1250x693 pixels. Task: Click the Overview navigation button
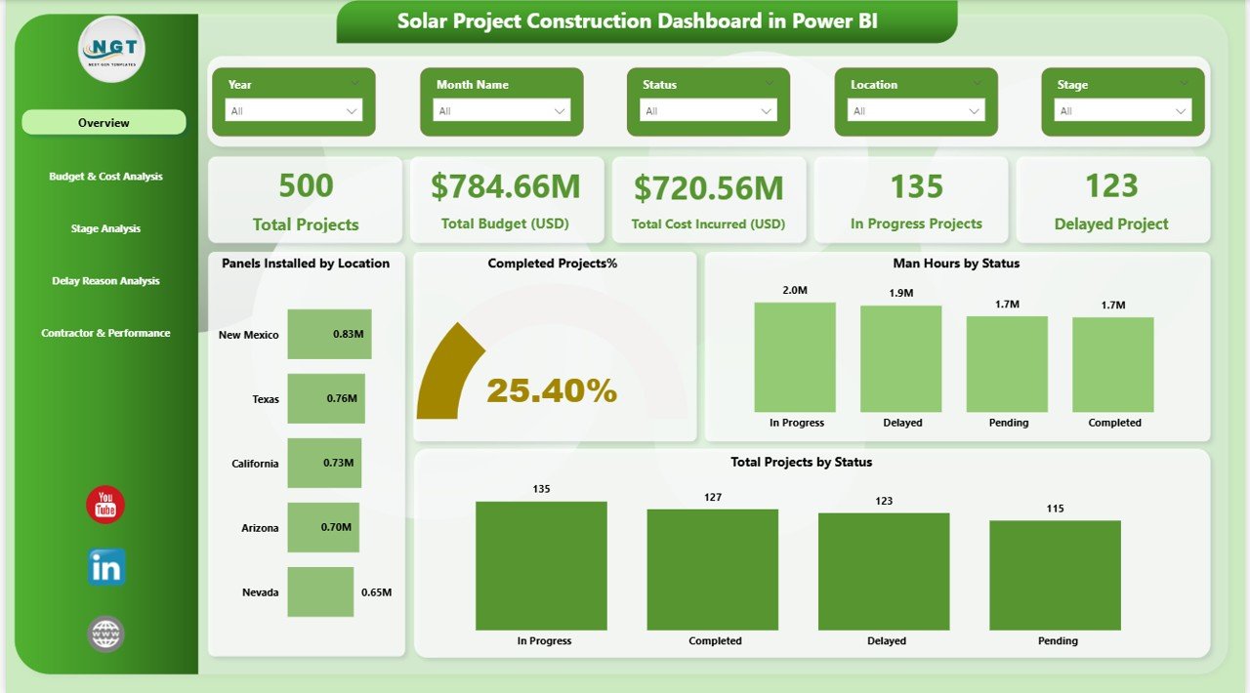[x=104, y=123]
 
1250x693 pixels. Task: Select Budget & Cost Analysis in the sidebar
[x=105, y=177]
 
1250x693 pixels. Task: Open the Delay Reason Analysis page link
[x=105, y=281]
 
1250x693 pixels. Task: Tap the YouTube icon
[x=105, y=505]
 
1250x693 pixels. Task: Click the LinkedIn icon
[x=105, y=567]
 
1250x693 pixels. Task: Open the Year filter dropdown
[x=294, y=111]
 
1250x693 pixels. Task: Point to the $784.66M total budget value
[x=505, y=185]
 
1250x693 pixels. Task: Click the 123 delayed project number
[x=1111, y=185]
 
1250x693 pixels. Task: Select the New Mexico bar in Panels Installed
[x=329, y=335]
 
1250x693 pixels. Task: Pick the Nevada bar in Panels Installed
[x=320, y=592]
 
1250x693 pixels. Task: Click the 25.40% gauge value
[x=552, y=391]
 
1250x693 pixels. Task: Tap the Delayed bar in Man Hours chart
[x=900, y=358]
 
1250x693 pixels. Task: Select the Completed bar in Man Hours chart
[x=1112, y=364]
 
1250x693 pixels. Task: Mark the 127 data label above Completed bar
[x=712, y=498]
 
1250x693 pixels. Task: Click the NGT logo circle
[x=111, y=49]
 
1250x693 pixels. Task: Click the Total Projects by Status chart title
[x=801, y=462]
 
